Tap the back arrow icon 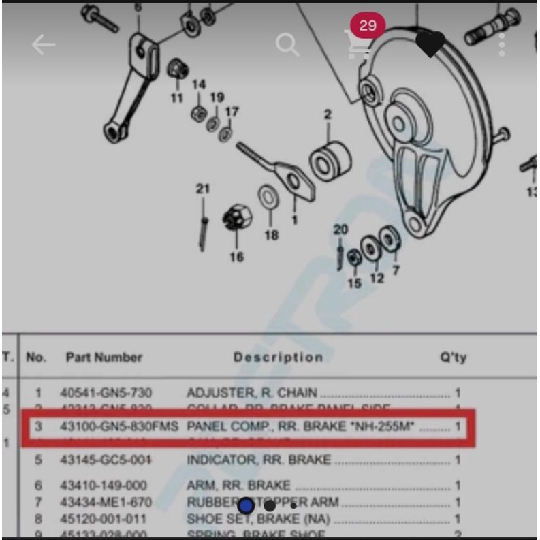pos(43,45)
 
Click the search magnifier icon pos(287,45)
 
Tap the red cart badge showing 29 pos(368,26)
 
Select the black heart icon pos(430,45)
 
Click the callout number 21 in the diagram pos(203,189)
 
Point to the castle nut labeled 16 pos(237,219)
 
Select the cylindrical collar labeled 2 pos(330,160)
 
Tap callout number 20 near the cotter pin pos(340,229)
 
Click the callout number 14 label pos(198,84)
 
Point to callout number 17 pos(232,111)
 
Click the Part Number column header pos(104,358)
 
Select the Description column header pos(278,358)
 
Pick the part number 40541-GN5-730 pos(106,393)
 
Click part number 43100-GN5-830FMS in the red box pos(119,427)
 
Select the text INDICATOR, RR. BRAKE pos(259,460)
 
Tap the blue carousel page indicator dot pos(247,506)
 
